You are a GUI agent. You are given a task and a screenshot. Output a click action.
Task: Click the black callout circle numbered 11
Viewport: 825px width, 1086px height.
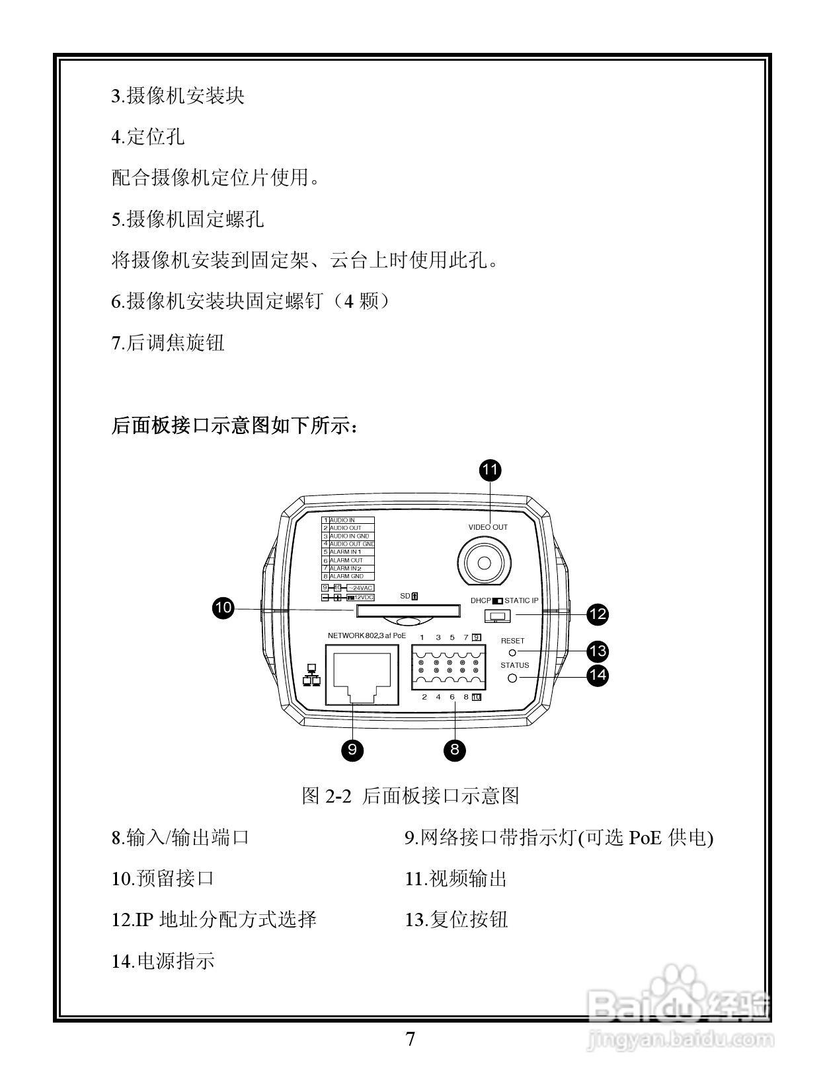point(490,470)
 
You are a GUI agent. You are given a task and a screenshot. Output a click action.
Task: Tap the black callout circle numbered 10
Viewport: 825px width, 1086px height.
point(223,608)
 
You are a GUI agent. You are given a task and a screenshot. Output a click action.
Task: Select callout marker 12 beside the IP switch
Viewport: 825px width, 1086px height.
point(598,614)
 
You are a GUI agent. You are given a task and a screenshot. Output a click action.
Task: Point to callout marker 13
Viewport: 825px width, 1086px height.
point(598,651)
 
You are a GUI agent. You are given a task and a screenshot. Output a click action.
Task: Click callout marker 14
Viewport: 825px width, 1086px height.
point(598,675)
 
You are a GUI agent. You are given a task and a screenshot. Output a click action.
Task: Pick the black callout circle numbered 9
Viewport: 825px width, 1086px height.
point(352,749)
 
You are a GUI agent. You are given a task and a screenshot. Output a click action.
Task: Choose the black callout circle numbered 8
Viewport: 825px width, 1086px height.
point(455,749)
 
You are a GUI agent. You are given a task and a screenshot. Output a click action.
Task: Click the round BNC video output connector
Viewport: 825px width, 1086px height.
point(485,561)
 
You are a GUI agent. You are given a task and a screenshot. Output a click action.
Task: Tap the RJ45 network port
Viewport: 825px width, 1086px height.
point(362,676)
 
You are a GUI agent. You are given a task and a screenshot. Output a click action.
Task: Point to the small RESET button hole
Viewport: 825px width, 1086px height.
point(512,653)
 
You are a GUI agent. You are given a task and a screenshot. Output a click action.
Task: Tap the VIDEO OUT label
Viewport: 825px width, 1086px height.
point(488,527)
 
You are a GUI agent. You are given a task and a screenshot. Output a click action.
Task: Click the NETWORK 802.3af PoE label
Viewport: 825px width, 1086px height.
point(367,636)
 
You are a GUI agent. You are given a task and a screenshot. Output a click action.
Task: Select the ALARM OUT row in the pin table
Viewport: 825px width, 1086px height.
point(348,560)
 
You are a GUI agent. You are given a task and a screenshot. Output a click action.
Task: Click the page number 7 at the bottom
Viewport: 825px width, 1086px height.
point(411,1040)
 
